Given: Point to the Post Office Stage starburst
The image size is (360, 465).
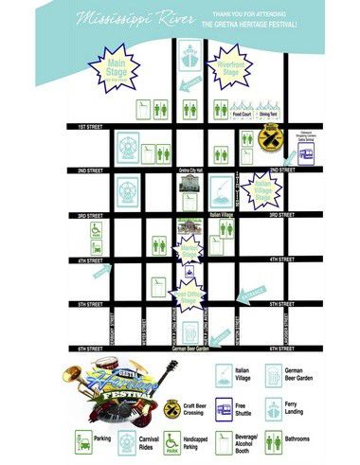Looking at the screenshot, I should (189, 296).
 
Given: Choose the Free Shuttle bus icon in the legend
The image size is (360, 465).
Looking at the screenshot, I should (224, 409).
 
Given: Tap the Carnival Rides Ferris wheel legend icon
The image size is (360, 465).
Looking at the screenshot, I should (126, 442).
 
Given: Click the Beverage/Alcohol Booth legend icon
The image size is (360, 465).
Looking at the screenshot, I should (224, 442).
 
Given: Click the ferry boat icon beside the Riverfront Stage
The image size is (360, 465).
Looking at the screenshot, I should (188, 60).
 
